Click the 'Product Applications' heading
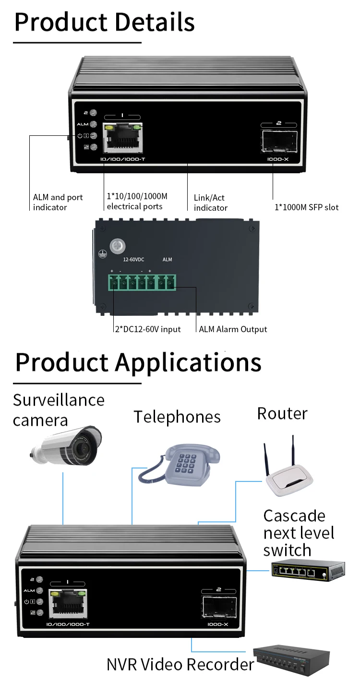[138, 362]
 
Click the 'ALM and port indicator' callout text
[58, 202]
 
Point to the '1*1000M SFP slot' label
[306, 207]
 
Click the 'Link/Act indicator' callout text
[210, 203]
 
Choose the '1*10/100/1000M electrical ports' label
[137, 202]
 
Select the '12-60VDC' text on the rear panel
[133, 260]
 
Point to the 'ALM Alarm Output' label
[233, 329]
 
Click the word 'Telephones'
[177, 417]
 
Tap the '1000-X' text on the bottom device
[218, 624]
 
